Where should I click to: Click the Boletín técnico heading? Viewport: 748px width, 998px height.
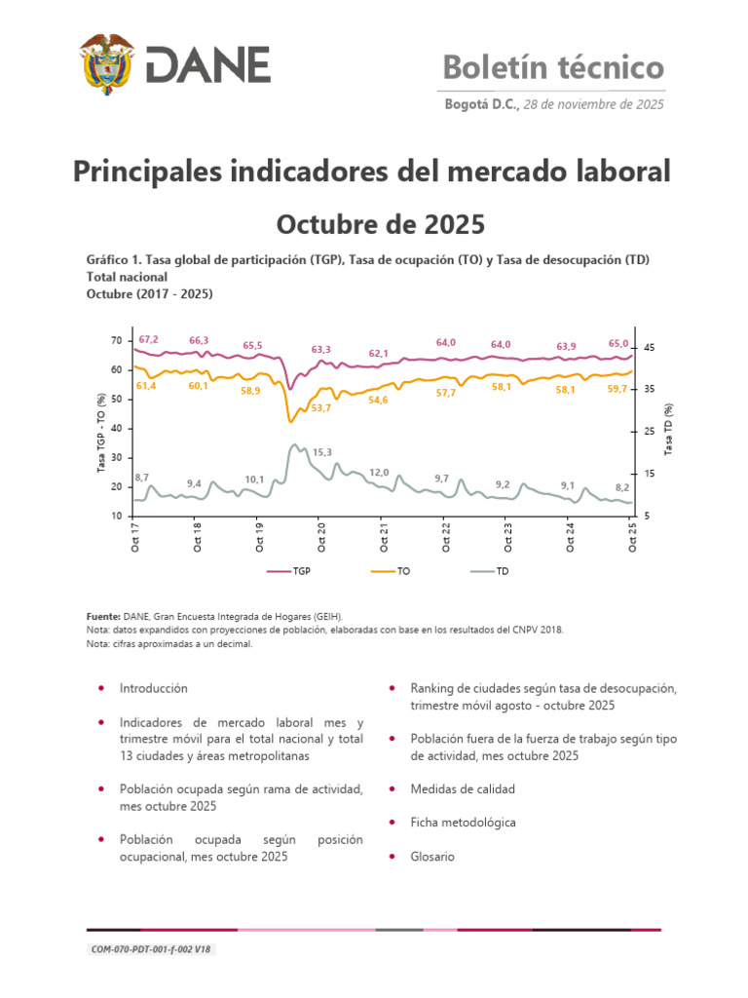[553, 67]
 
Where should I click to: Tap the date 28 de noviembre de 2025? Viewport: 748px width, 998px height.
[594, 104]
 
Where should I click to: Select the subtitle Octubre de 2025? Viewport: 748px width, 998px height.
[380, 224]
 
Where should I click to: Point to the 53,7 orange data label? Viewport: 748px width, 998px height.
[321, 407]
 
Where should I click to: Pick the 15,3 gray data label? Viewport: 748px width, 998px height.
[322, 452]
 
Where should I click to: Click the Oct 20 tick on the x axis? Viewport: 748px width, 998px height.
[322, 537]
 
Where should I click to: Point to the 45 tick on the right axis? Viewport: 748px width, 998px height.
[650, 348]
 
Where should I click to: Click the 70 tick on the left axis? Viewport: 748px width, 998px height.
[116, 340]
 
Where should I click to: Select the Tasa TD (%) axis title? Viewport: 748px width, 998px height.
[669, 429]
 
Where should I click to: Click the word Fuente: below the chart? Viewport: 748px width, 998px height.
[104, 616]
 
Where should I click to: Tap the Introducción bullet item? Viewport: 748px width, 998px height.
[154, 688]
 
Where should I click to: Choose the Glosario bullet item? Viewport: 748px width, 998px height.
[432, 857]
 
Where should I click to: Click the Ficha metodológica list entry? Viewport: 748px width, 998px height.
[464, 823]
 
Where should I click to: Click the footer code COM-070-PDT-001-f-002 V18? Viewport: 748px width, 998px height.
[149, 949]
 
